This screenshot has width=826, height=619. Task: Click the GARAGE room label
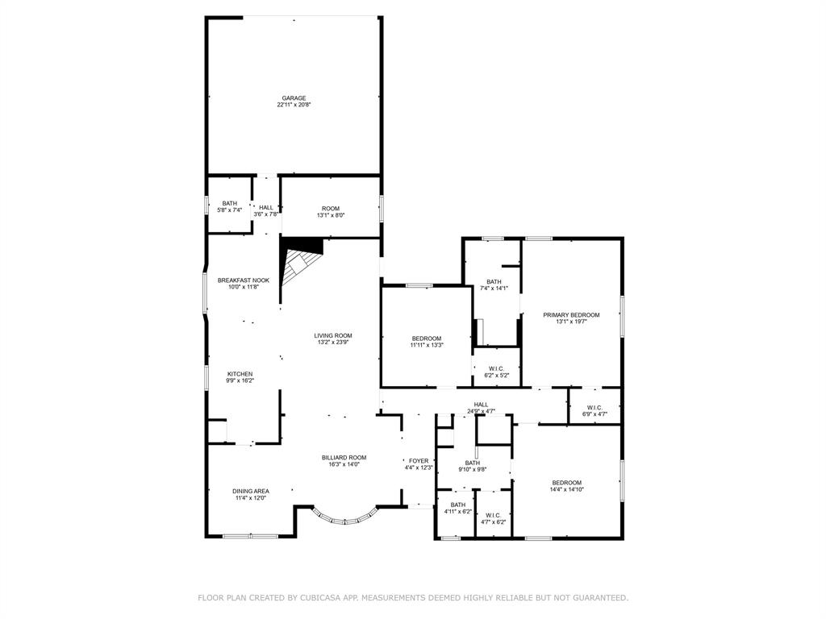(x=294, y=98)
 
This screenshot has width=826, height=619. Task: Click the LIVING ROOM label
(x=333, y=336)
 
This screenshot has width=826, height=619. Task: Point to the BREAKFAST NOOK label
(x=244, y=280)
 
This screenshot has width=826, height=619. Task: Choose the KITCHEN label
(x=240, y=374)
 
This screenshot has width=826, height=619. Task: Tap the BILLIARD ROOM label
(x=344, y=458)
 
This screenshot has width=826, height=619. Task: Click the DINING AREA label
(x=251, y=492)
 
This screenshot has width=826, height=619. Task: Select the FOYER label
(x=419, y=461)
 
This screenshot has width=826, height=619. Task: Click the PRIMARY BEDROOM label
(x=572, y=315)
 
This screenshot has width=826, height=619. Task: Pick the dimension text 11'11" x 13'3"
(x=427, y=345)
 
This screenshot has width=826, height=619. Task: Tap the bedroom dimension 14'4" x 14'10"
(x=567, y=489)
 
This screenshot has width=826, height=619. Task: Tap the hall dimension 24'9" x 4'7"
(x=481, y=412)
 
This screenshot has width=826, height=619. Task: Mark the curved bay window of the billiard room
(x=345, y=518)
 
